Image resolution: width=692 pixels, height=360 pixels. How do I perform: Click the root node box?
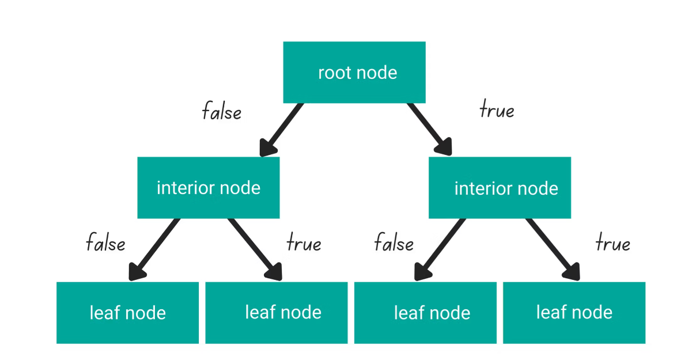point(354,72)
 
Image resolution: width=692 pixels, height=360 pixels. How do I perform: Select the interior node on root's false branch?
point(208,188)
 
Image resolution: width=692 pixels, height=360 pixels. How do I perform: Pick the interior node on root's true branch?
point(500,188)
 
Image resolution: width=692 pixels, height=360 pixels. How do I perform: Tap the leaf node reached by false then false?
point(127,313)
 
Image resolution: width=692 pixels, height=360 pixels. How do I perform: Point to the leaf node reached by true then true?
point(574,313)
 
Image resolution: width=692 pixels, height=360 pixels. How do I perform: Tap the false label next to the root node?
point(221,111)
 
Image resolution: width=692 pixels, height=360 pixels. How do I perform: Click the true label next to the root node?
point(497,109)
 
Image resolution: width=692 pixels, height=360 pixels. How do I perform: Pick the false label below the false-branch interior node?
point(105,242)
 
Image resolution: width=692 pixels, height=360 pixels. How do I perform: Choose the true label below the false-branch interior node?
point(304,243)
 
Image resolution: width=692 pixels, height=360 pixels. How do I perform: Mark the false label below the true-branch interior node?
point(394,242)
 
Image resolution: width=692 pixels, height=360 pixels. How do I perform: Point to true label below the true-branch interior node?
point(612,243)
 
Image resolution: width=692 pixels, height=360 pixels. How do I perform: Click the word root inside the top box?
point(335,73)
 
